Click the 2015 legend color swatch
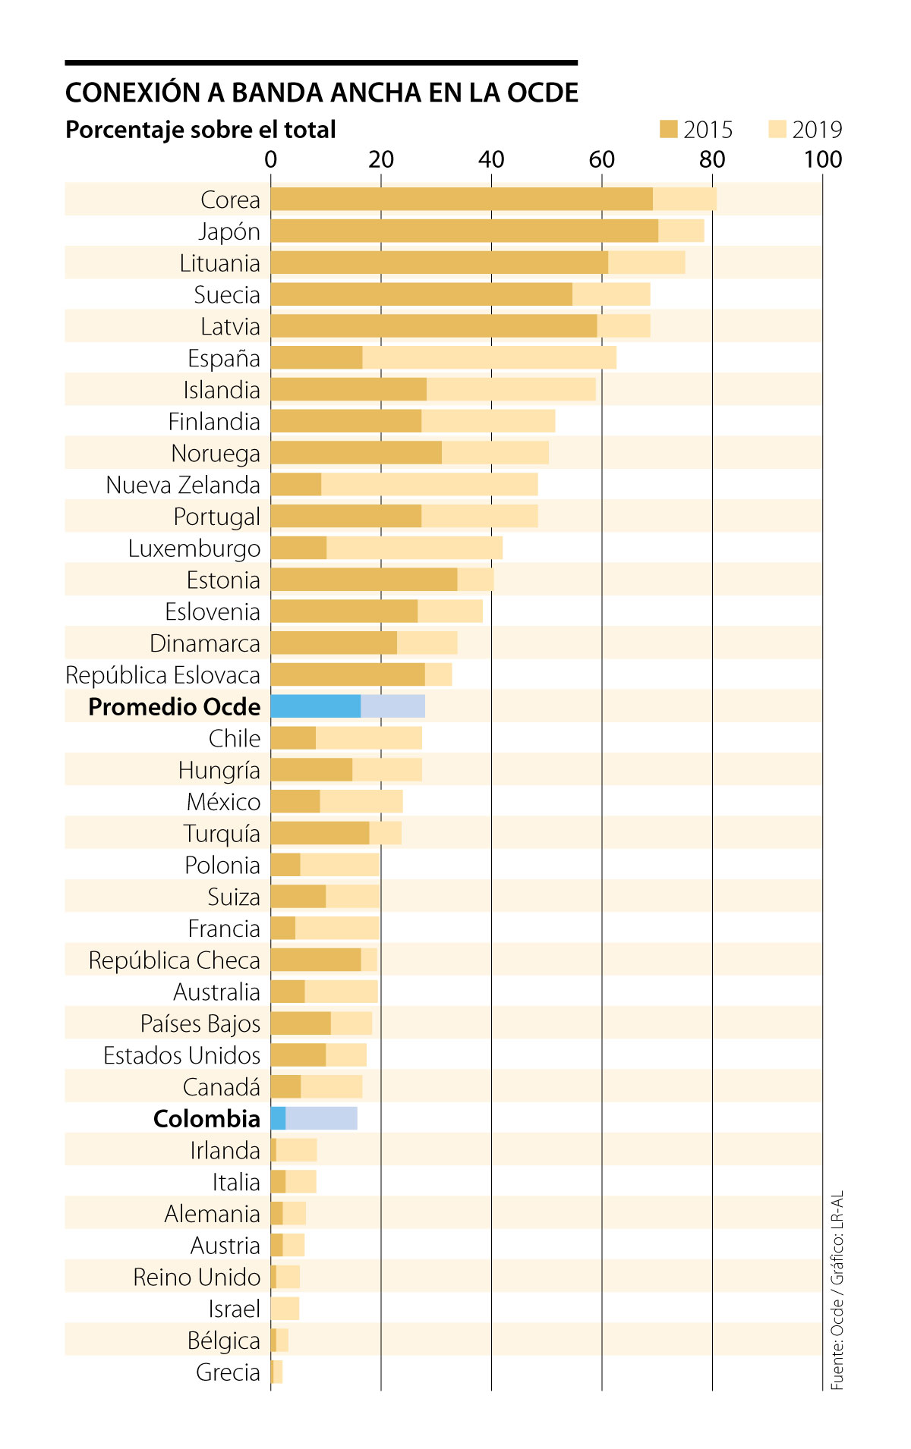coord(668,130)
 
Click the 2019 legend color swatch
coord(777,130)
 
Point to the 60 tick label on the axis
coord(601,159)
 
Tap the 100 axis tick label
coord(823,159)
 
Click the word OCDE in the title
coord(542,93)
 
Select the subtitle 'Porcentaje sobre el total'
coord(200,130)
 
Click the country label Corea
coord(230,200)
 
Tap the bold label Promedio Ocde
coord(174,706)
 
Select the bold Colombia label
coord(206,1118)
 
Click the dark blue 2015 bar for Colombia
coord(278,1118)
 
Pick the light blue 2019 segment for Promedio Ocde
coord(392,706)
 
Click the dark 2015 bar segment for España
coord(317,358)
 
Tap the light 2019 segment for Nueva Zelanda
coord(429,485)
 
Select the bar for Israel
coord(285,1309)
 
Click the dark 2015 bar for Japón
coord(464,231)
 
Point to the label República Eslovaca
coord(162,675)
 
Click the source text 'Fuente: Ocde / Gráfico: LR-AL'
coord(837,1290)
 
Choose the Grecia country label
coord(228,1372)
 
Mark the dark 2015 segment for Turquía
coord(320,833)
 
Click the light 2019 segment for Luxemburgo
coord(414,548)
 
